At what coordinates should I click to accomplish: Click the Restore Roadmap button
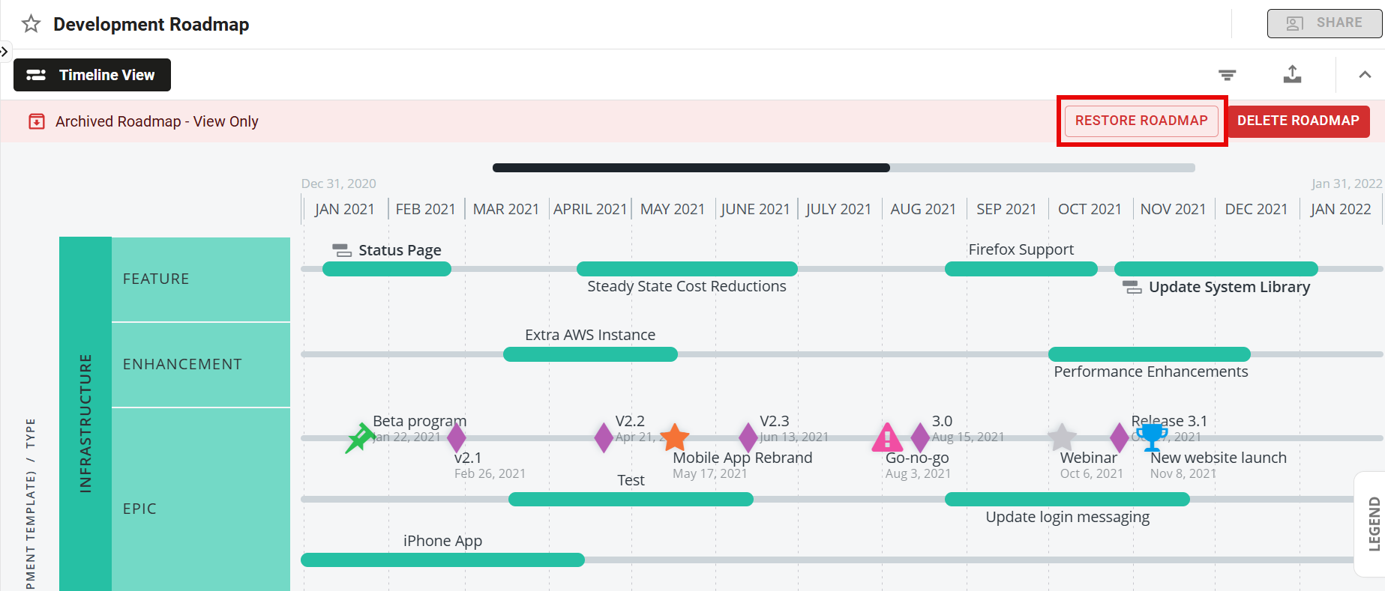(1141, 121)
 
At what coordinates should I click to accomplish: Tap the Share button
(1324, 23)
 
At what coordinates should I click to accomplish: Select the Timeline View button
(92, 75)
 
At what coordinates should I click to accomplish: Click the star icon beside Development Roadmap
(31, 24)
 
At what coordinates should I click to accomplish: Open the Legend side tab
(1373, 524)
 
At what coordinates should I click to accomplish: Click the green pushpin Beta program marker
(360, 438)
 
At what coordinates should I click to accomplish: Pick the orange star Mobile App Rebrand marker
(675, 437)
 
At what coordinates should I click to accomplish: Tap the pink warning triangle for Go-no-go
(887, 437)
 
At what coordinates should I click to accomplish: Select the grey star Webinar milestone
(1062, 437)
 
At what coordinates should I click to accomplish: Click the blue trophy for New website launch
(1152, 437)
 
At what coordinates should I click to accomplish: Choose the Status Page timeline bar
(386, 269)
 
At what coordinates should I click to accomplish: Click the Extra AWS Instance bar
(590, 354)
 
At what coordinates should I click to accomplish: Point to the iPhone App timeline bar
(442, 560)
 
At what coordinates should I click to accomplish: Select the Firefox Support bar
(1021, 269)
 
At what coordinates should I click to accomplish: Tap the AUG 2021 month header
(923, 209)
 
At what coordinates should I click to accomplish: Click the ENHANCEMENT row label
(182, 364)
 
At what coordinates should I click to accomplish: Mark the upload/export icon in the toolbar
(1292, 74)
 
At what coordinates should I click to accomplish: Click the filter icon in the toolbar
(1227, 75)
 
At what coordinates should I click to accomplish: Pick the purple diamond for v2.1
(456, 438)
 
